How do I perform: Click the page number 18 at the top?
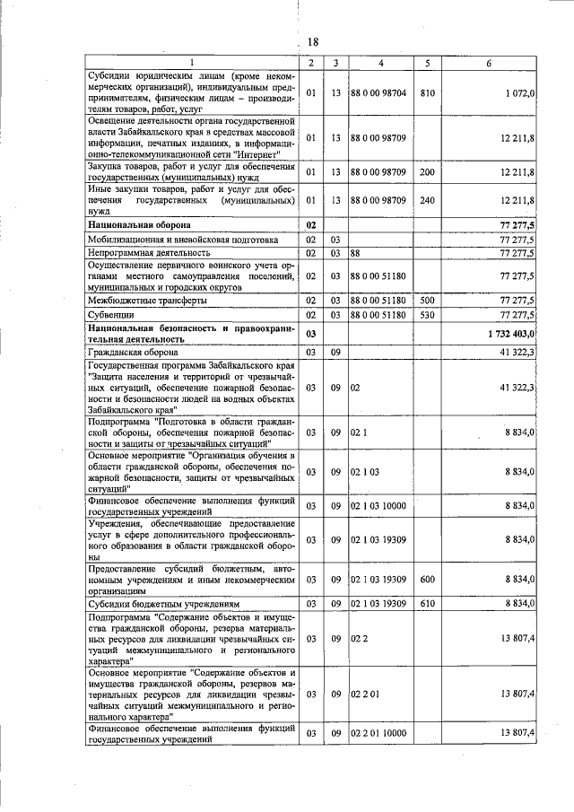pyautogui.click(x=313, y=42)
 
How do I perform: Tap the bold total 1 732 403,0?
pyautogui.click(x=507, y=333)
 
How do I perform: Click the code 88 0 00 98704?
pyautogui.click(x=379, y=92)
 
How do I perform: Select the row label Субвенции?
pyautogui.click(x=110, y=316)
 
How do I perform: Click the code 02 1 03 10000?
pyautogui.click(x=379, y=507)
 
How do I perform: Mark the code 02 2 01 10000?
pyautogui.click(x=379, y=733)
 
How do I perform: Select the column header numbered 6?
pyautogui.click(x=489, y=62)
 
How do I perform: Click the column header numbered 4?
pyautogui.click(x=380, y=62)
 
